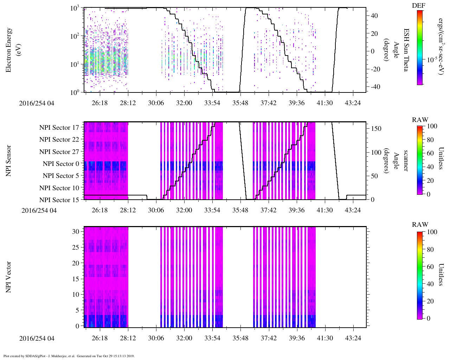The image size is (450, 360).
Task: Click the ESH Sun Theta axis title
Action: click(x=406, y=50)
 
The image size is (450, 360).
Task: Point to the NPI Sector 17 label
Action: click(x=59, y=128)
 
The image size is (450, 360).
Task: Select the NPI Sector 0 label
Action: click(x=61, y=164)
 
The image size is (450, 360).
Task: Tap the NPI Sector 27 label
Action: click(x=59, y=152)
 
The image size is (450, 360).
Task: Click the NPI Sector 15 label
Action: click(x=59, y=200)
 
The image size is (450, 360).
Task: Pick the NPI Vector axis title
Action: click(x=8, y=277)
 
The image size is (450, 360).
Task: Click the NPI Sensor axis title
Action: click(x=8, y=161)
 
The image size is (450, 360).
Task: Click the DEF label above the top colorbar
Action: click(x=419, y=6)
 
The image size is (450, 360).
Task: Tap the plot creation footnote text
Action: click(x=69, y=356)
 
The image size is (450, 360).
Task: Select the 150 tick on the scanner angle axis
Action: click(x=376, y=129)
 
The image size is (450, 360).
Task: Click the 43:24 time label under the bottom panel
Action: click(x=353, y=338)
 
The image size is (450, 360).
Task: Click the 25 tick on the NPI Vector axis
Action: click(x=76, y=247)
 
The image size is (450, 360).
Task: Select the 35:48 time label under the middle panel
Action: click(x=240, y=210)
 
